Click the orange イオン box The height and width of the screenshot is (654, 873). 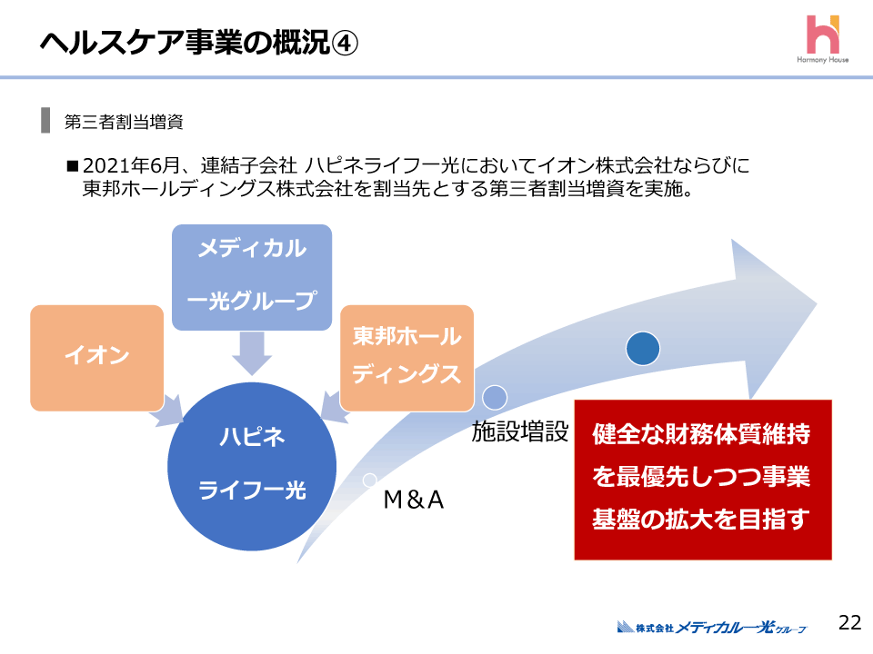96,357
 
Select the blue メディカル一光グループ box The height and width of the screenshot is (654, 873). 252,275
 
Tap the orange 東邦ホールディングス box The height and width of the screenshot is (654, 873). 406,357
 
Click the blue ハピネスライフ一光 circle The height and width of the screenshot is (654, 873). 252,465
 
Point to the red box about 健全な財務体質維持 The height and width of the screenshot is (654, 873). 702,479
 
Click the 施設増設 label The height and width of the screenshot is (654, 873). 519,433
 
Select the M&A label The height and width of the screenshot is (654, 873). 414,500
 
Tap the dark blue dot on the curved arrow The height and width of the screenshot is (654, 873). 643,348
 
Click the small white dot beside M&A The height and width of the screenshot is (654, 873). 369,480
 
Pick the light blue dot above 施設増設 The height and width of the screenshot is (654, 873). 494,396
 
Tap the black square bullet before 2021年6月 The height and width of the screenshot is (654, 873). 73,167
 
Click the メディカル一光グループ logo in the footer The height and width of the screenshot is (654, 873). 712,627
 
